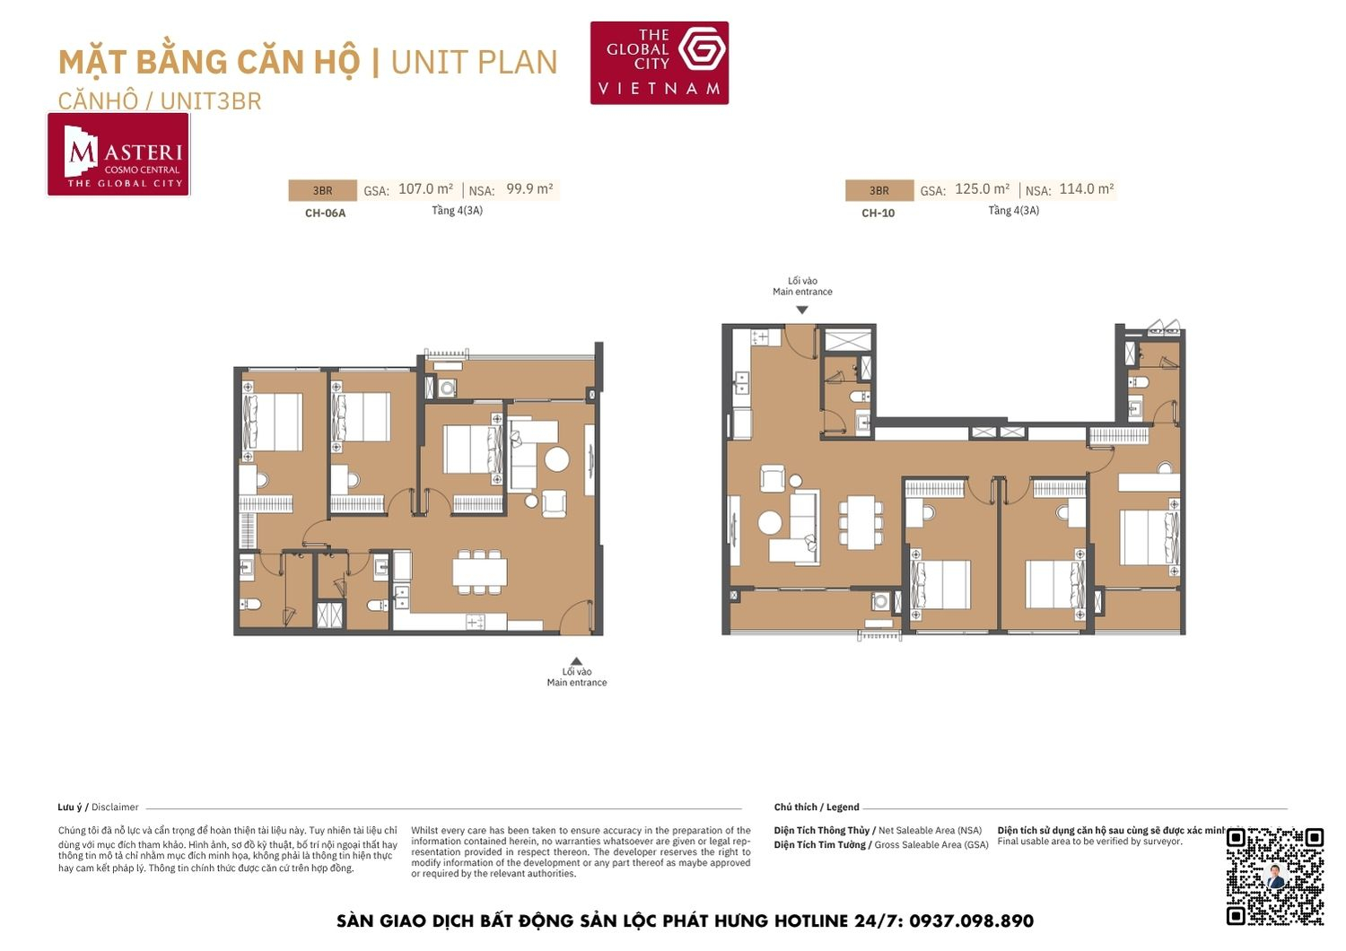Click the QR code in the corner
[x=1275, y=876]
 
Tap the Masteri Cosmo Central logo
[x=118, y=154]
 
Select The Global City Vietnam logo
[x=660, y=63]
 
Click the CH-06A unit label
[x=325, y=214]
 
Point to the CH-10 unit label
[x=878, y=214]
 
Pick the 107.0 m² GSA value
[x=425, y=189]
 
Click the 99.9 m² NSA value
[x=529, y=189]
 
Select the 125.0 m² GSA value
[x=982, y=189]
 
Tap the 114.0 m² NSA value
[x=1086, y=189]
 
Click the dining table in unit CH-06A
[x=480, y=571]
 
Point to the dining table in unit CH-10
[x=861, y=522]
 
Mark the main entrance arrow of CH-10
[x=802, y=310]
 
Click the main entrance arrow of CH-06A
[x=577, y=661]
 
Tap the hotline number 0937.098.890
[x=971, y=921]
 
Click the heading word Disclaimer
[x=115, y=807]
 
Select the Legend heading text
[x=843, y=807]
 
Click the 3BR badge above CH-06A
[x=322, y=190]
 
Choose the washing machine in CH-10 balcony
[x=880, y=602]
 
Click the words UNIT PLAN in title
[x=474, y=63]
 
